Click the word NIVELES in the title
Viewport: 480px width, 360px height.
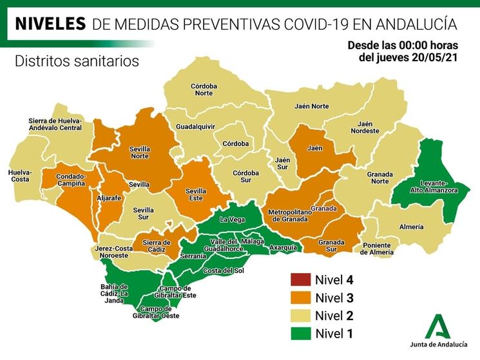tap(50, 24)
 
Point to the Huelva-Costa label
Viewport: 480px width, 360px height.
tap(20, 176)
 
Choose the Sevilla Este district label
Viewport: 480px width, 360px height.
tap(195, 194)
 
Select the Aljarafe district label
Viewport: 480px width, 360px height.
tap(108, 199)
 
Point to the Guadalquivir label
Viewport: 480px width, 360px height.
tap(195, 127)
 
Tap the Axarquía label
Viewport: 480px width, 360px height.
tap(283, 247)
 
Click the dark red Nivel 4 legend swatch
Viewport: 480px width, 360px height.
tap(299, 280)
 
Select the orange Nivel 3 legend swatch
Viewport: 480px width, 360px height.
tap(299, 298)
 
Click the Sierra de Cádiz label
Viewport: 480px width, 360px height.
tap(156, 245)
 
